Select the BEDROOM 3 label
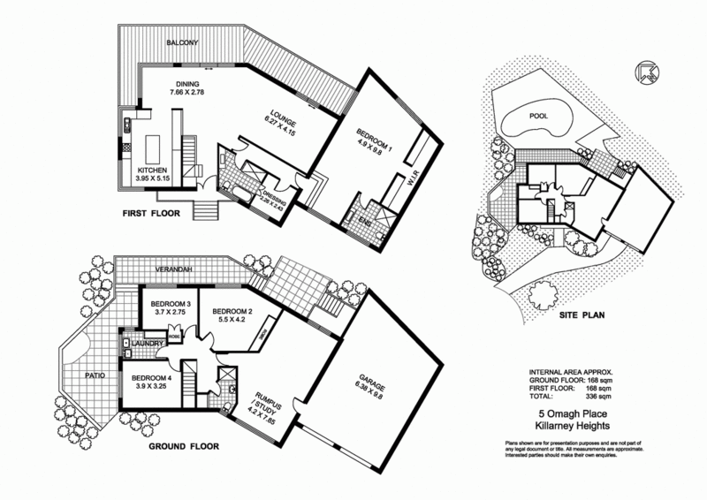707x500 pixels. click(x=165, y=304)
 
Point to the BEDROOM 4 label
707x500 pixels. click(x=148, y=375)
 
